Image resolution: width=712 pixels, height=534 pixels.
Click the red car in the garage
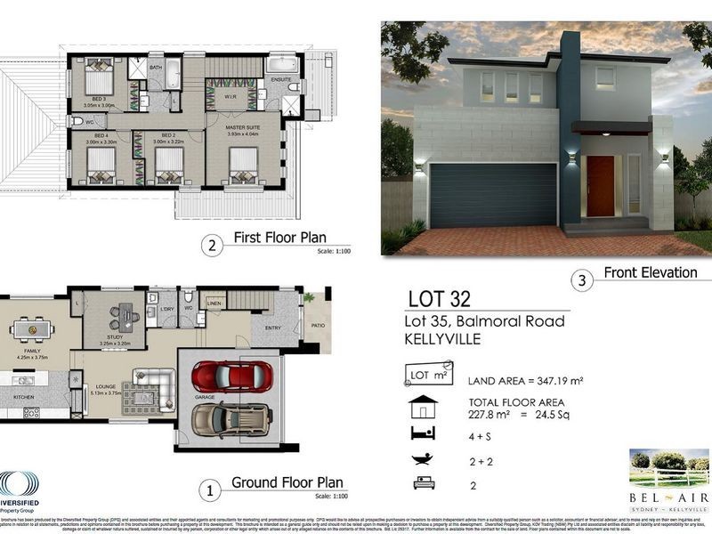[x=231, y=376]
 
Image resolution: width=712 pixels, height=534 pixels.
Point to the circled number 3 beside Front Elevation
[x=581, y=281]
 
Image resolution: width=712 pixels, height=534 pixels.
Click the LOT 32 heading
[x=439, y=298]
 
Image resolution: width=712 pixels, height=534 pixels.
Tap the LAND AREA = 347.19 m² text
[x=525, y=380]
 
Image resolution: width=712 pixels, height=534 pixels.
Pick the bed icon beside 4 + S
[x=421, y=433]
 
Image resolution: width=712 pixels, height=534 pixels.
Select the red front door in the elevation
[x=600, y=186]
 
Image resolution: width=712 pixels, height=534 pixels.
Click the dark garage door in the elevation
[x=493, y=194]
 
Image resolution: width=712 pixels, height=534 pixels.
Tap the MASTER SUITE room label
[x=244, y=128]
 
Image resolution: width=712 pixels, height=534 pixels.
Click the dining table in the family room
[x=33, y=328]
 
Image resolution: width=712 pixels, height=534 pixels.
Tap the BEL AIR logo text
[x=668, y=496]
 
